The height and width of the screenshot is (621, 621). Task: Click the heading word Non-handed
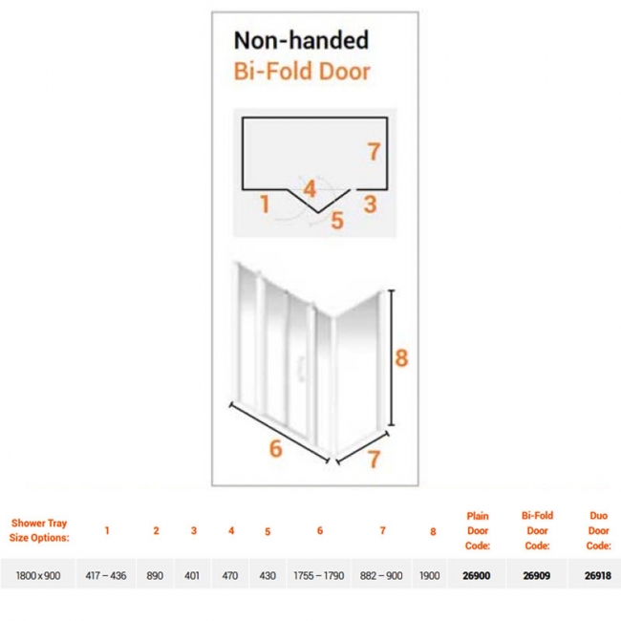[301, 40]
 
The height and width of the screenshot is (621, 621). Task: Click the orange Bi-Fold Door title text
[302, 72]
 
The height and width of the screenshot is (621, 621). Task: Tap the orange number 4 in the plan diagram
[310, 188]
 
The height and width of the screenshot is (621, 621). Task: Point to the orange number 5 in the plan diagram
[337, 220]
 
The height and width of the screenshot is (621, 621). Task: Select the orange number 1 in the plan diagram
[265, 203]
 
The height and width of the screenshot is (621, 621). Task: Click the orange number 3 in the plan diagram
[370, 204]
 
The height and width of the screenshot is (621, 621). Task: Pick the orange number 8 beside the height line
[401, 358]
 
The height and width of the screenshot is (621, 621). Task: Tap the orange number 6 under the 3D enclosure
[276, 449]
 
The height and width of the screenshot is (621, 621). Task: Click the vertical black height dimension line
[392, 358]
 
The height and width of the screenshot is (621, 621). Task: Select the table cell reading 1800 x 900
[38, 575]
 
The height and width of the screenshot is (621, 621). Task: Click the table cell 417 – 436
[106, 575]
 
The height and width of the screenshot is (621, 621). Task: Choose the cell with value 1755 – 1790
[319, 575]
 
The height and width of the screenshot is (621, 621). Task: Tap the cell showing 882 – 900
[381, 575]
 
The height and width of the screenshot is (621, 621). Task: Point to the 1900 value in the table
[429, 575]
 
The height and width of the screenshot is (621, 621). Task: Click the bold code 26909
[537, 575]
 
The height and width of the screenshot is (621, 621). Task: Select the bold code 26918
[598, 575]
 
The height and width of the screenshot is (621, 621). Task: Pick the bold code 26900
[477, 575]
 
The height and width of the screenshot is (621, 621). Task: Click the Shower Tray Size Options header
[39, 530]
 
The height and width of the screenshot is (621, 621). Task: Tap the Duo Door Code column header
[598, 530]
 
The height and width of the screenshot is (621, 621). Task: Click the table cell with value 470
[229, 575]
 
